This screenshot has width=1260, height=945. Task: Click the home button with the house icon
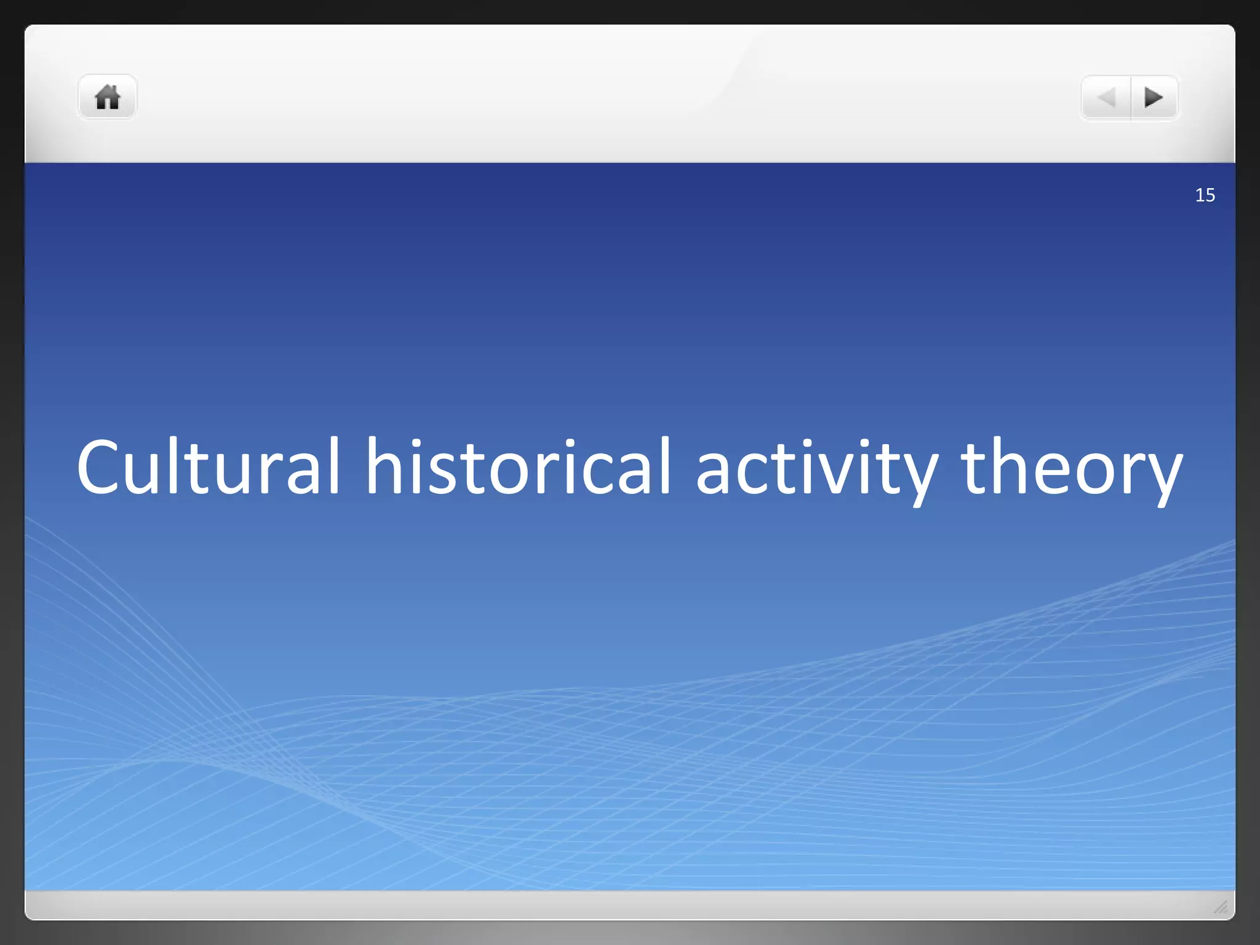click(x=107, y=97)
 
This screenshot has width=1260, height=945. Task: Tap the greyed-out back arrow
click(x=1106, y=97)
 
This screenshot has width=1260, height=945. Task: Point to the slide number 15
click(x=1205, y=195)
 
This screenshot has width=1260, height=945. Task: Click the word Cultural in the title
click(x=208, y=466)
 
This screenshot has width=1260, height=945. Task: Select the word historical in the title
click(x=518, y=466)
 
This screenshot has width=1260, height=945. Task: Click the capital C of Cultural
click(x=100, y=466)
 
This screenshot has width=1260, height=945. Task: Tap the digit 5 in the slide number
click(x=1210, y=195)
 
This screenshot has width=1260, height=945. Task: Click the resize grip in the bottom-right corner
click(x=1221, y=907)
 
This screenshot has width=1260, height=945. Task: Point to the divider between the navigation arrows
click(x=1131, y=97)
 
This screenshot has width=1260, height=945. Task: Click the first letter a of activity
click(x=714, y=474)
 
